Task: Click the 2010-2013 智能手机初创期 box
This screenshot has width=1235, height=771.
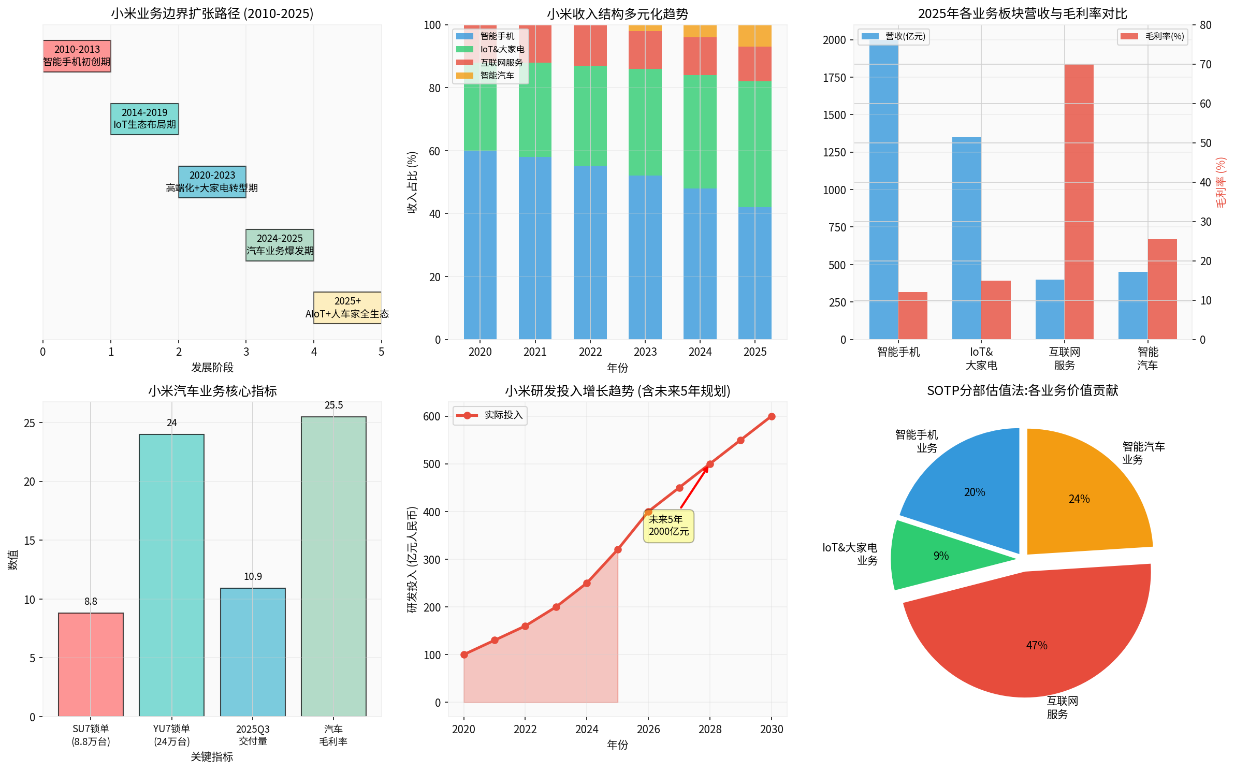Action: coord(77,56)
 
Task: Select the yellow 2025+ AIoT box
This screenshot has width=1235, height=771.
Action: coord(347,308)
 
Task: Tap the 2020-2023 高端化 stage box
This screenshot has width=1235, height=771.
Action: coord(212,182)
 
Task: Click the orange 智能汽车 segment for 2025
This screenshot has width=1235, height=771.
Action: coord(754,36)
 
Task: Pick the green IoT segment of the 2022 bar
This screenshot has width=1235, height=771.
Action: coord(590,116)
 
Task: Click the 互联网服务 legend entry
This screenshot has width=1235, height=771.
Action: coord(490,63)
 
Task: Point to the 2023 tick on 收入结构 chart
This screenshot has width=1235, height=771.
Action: coord(645,352)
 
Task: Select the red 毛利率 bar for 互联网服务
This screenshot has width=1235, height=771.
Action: coord(1079,202)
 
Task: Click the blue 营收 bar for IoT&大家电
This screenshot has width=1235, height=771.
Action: coord(966,238)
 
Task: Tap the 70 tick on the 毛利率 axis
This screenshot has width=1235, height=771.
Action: coord(1205,65)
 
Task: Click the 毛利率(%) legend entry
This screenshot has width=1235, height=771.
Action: coord(1152,36)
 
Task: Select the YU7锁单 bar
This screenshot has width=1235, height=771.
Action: coord(171,575)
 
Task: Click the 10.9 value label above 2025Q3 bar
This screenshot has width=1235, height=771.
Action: coord(253,576)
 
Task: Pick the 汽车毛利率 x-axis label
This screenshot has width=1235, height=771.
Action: coord(333,735)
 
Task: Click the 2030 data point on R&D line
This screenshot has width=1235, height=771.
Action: coord(772,416)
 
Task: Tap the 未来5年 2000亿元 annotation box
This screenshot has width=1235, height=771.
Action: coord(669,526)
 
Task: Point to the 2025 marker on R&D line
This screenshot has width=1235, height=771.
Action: coord(618,549)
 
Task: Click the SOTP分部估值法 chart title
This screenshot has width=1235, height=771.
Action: coord(1022,390)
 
